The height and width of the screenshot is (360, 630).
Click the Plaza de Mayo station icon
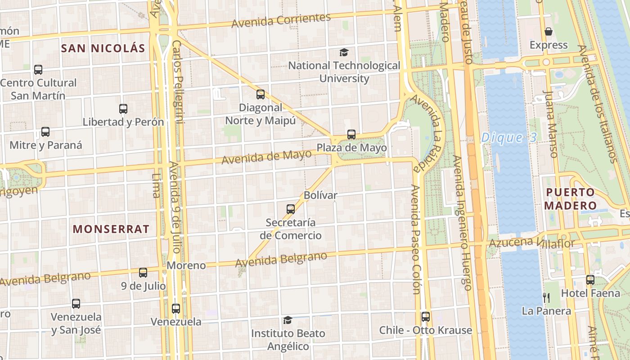click(x=351, y=135)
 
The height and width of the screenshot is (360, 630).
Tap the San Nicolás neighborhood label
click(x=103, y=49)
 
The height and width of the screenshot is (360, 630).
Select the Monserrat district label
click(x=111, y=229)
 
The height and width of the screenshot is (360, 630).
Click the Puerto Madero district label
click(x=571, y=199)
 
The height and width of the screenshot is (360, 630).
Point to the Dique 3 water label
click(x=509, y=138)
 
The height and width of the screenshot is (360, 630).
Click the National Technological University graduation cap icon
click(x=344, y=52)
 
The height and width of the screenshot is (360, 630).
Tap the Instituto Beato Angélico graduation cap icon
click(x=288, y=320)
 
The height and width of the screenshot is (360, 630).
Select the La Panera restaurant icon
click(x=546, y=297)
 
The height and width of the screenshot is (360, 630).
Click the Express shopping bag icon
click(x=548, y=31)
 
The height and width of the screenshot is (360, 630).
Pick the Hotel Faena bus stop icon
click(x=590, y=280)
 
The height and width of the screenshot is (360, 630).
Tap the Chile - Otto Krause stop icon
click(x=425, y=317)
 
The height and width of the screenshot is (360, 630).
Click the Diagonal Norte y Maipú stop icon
click(x=260, y=94)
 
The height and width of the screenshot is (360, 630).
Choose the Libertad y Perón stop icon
click(x=123, y=109)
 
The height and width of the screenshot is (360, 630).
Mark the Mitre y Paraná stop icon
click(x=45, y=132)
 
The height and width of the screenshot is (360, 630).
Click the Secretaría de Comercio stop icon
click(x=291, y=209)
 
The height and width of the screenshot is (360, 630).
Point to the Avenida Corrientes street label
click(x=281, y=20)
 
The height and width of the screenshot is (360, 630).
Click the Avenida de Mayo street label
click(x=266, y=157)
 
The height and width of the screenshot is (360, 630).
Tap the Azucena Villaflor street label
click(x=532, y=243)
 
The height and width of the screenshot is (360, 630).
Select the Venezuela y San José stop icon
click(x=76, y=304)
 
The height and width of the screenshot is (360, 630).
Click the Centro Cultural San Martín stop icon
click(x=38, y=70)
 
